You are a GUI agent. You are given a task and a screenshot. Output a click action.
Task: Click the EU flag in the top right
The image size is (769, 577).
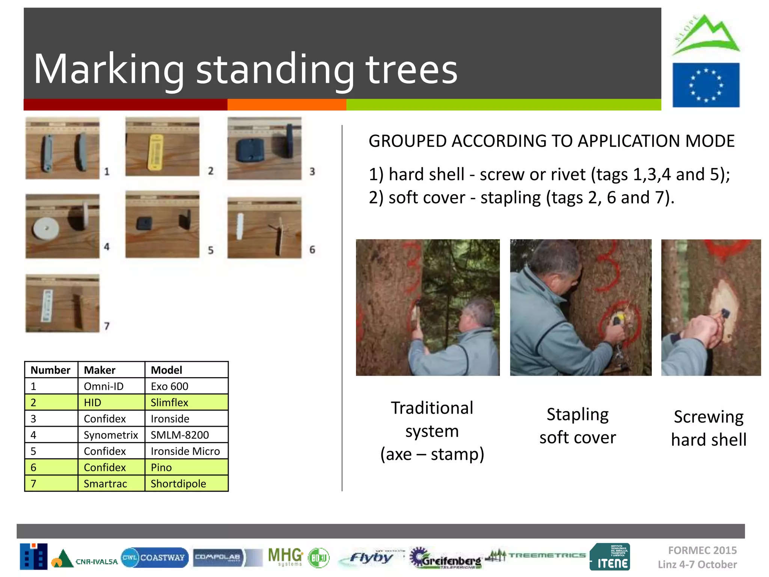pyautogui.click(x=706, y=85)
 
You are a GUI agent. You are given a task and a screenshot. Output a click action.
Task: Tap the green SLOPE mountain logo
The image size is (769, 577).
pyautogui.click(x=706, y=36)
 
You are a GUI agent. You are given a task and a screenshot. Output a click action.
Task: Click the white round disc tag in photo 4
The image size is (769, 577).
pyautogui.click(x=46, y=228)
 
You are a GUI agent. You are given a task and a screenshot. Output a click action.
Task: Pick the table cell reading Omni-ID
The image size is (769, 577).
pyautogui.click(x=104, y=386)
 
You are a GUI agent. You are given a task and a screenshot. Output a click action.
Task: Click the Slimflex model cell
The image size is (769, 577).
pyautogui.click(x=169, y=402)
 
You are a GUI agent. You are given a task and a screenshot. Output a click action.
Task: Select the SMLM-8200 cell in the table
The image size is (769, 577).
pyautogui.click(x=179, y=435)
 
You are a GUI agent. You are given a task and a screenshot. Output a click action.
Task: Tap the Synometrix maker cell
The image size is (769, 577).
pyautogui.click(x=111, y=435)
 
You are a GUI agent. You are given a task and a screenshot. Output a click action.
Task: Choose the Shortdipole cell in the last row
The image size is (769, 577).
pyautogui.click(x=178, y=483)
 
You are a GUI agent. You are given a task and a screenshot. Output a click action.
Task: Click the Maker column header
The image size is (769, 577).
pyautogui.click(x=100, y=370)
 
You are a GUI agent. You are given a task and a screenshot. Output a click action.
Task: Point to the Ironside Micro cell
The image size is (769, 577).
pyautogui.click(x=185, y=451)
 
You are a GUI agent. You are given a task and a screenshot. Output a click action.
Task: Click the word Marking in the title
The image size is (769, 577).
pyautogui.click(x=109, y=69)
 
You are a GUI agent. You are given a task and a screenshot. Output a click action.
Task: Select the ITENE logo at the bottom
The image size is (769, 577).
pyautogui.click(x=609, y=557)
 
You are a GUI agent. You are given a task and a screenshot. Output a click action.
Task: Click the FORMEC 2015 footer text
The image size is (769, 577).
pyautogui.click(x=702, y=550)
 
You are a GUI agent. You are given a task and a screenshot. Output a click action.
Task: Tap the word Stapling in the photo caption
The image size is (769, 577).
pyautogui.click(x=578, y=414)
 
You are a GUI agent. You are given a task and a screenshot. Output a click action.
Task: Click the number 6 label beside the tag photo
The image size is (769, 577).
pyautogui.click(x=312, y=249)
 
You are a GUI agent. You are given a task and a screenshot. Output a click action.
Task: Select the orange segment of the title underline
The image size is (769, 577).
pyautogui.click(x=287, y=104)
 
